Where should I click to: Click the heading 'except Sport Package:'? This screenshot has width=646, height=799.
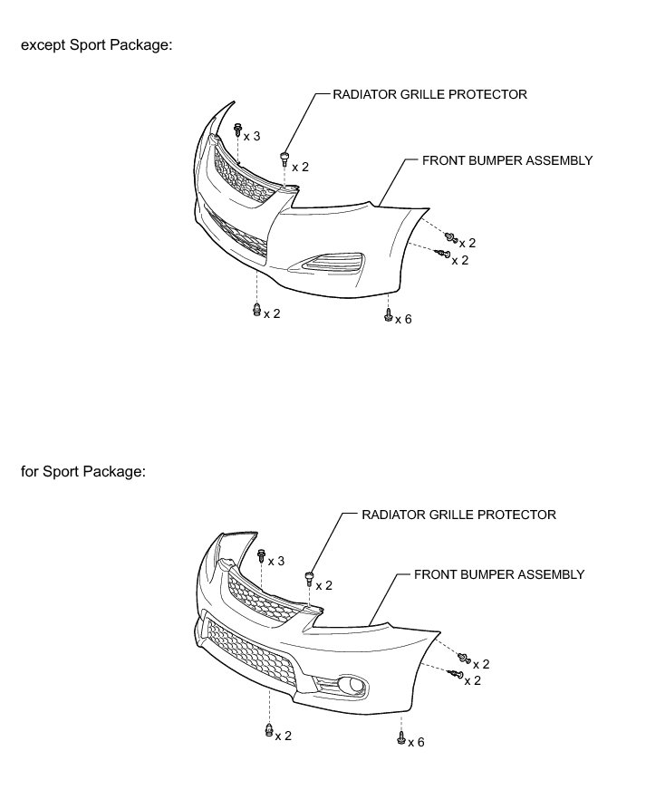pyautogui.click(x=96, y=45)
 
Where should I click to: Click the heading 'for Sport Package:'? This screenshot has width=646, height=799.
pyautogui.click(x=82, y=471)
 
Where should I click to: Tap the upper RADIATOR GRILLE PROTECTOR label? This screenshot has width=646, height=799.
pyautogui.click(x=430, y=93)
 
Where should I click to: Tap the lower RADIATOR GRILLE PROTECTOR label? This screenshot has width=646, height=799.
pyautogui.click(x=458, y=515)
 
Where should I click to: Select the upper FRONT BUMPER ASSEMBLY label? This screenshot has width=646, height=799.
pyautogui.click(x=507, y=160)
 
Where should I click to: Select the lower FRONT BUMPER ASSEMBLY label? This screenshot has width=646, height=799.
pyautogui.click(x=499, y=574)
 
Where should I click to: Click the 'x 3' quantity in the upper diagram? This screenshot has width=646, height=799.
pyautogui.click(x=251, y=136)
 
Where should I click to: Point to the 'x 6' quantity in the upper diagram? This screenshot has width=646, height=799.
pyautogui.click(x=403, y=319)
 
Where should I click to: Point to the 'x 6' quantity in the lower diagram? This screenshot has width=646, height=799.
pyautogui.click(x=416, y=743)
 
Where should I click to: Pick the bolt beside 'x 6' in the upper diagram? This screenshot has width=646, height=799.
pyautogui.click(x=388, y=316)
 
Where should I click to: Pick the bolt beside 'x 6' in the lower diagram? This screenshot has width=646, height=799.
pyautogui.click(x=400, y=738)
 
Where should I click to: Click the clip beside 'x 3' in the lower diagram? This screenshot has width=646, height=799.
pyautogui.click(x=262, y=554)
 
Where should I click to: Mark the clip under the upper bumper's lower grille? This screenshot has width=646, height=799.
pyautogui.click(x=256, y=311)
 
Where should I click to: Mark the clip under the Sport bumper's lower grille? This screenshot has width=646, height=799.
pyautogui.click(x=269, y=730)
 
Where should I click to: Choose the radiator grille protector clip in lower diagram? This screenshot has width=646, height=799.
pyautogui.click(x=310, y=576)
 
